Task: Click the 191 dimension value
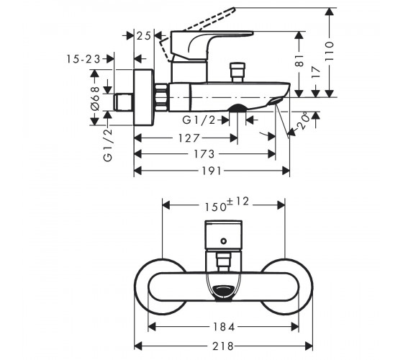pyautogui.click(x=212, y=171)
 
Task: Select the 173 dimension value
pyautogui.click(x=204, y=154)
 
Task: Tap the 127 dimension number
pyautogui.click(x=189, y=138)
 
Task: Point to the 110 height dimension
pyautogui.click(x=330, y=51)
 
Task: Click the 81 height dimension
pyautogui.click(x=299, y=60)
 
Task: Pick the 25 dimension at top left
pyautogui.click(x=143, y=36)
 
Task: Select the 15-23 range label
pyautogui.click(x=83, y=59)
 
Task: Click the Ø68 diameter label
pyautogui.click(x=95, y=99)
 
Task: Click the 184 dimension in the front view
pyautogui.click(x=224, y=327)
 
